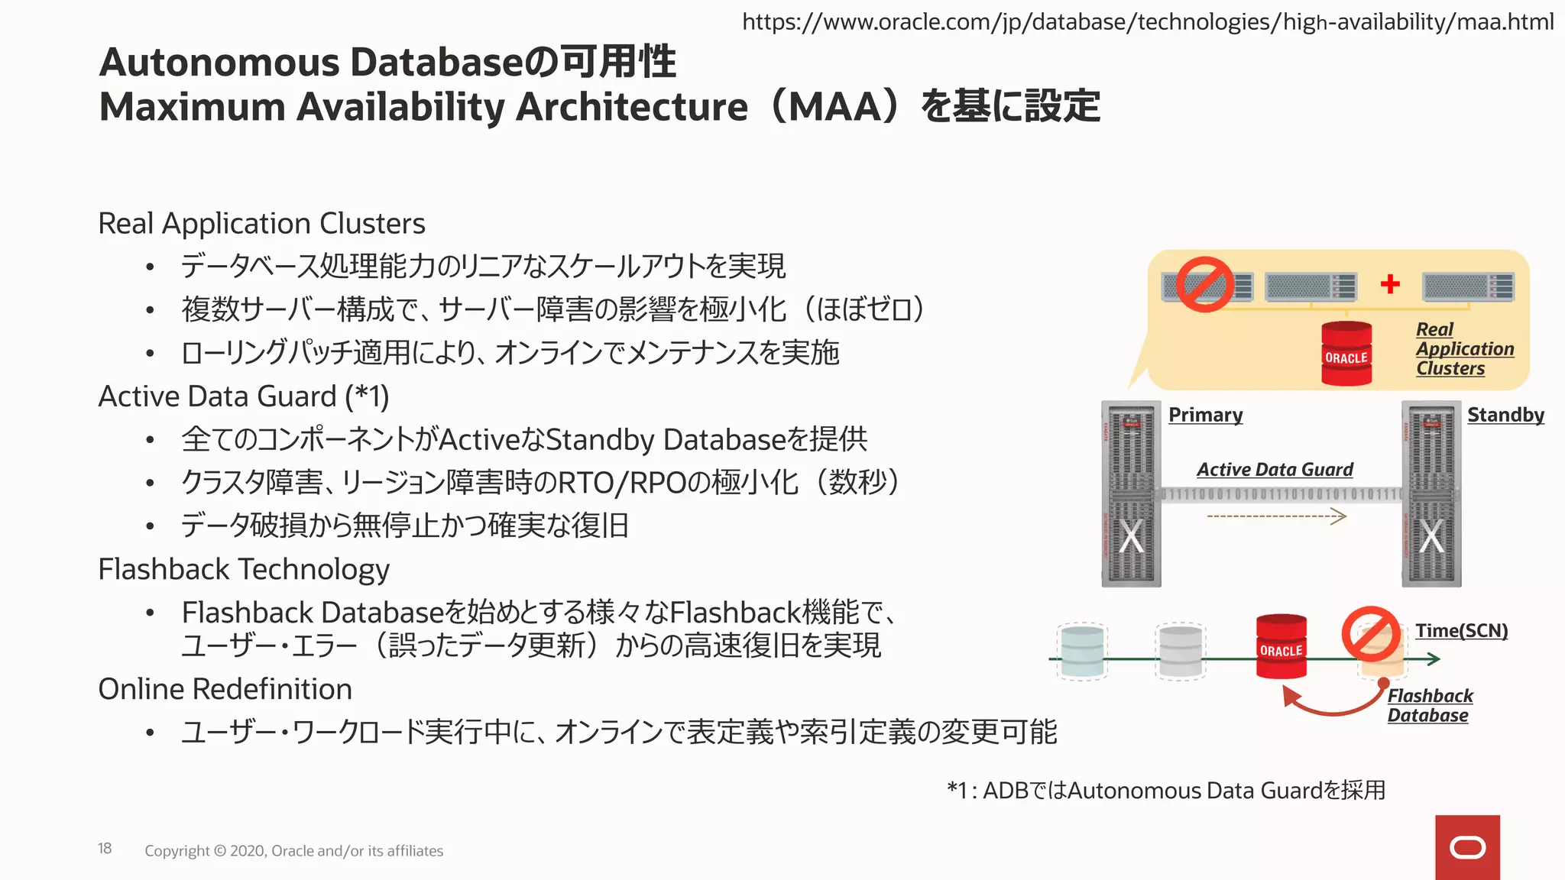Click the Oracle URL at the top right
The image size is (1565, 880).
[x=1148, y=22]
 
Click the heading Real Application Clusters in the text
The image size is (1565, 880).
[x=261, y=224]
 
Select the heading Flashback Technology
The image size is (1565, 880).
[x=244, y=570]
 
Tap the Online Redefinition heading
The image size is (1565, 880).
[x=225, y=689]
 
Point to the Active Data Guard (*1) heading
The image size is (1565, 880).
[x=244, y=396]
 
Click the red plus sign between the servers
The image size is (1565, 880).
[x=1390, y=284]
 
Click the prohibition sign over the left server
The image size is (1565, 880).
[x=1205, y=284]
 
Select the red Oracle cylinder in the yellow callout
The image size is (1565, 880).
[x=1346, y=354]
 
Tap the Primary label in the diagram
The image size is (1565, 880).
[x=1205, y=415]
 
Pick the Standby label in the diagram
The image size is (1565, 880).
[x=1505, y=415]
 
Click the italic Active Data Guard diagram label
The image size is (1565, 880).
[x=1275, y=470]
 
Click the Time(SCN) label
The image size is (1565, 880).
[x=1461, y=631]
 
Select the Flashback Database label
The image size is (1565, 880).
[x=1429, y=706]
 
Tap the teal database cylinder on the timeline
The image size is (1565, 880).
[x=1082, y=652]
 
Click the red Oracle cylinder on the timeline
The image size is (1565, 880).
[x=1281, y=646]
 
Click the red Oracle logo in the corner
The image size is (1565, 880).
[x=1467, y=847]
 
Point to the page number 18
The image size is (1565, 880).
[x=105, y=849]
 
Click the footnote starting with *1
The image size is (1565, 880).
[x=1166, y=791]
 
